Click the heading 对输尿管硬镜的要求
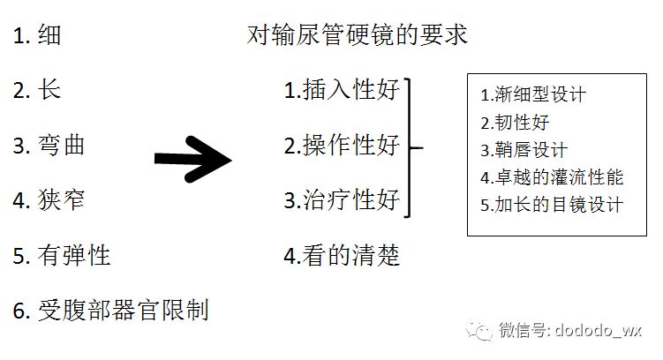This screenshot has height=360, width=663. pos(358,35)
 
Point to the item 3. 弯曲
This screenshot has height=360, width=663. pos(49,145)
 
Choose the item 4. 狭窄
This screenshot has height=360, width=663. pos(49,200)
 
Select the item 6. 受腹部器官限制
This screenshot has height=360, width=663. pos(110,311)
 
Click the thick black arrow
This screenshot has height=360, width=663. pos(192,159)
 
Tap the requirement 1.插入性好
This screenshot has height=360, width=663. pos(343,91)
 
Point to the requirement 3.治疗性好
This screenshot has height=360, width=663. pos(343,199)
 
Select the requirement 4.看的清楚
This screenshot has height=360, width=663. pos(343,256)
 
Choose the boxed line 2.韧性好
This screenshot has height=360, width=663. pos(516,122)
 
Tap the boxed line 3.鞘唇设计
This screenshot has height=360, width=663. pos(524,150)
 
